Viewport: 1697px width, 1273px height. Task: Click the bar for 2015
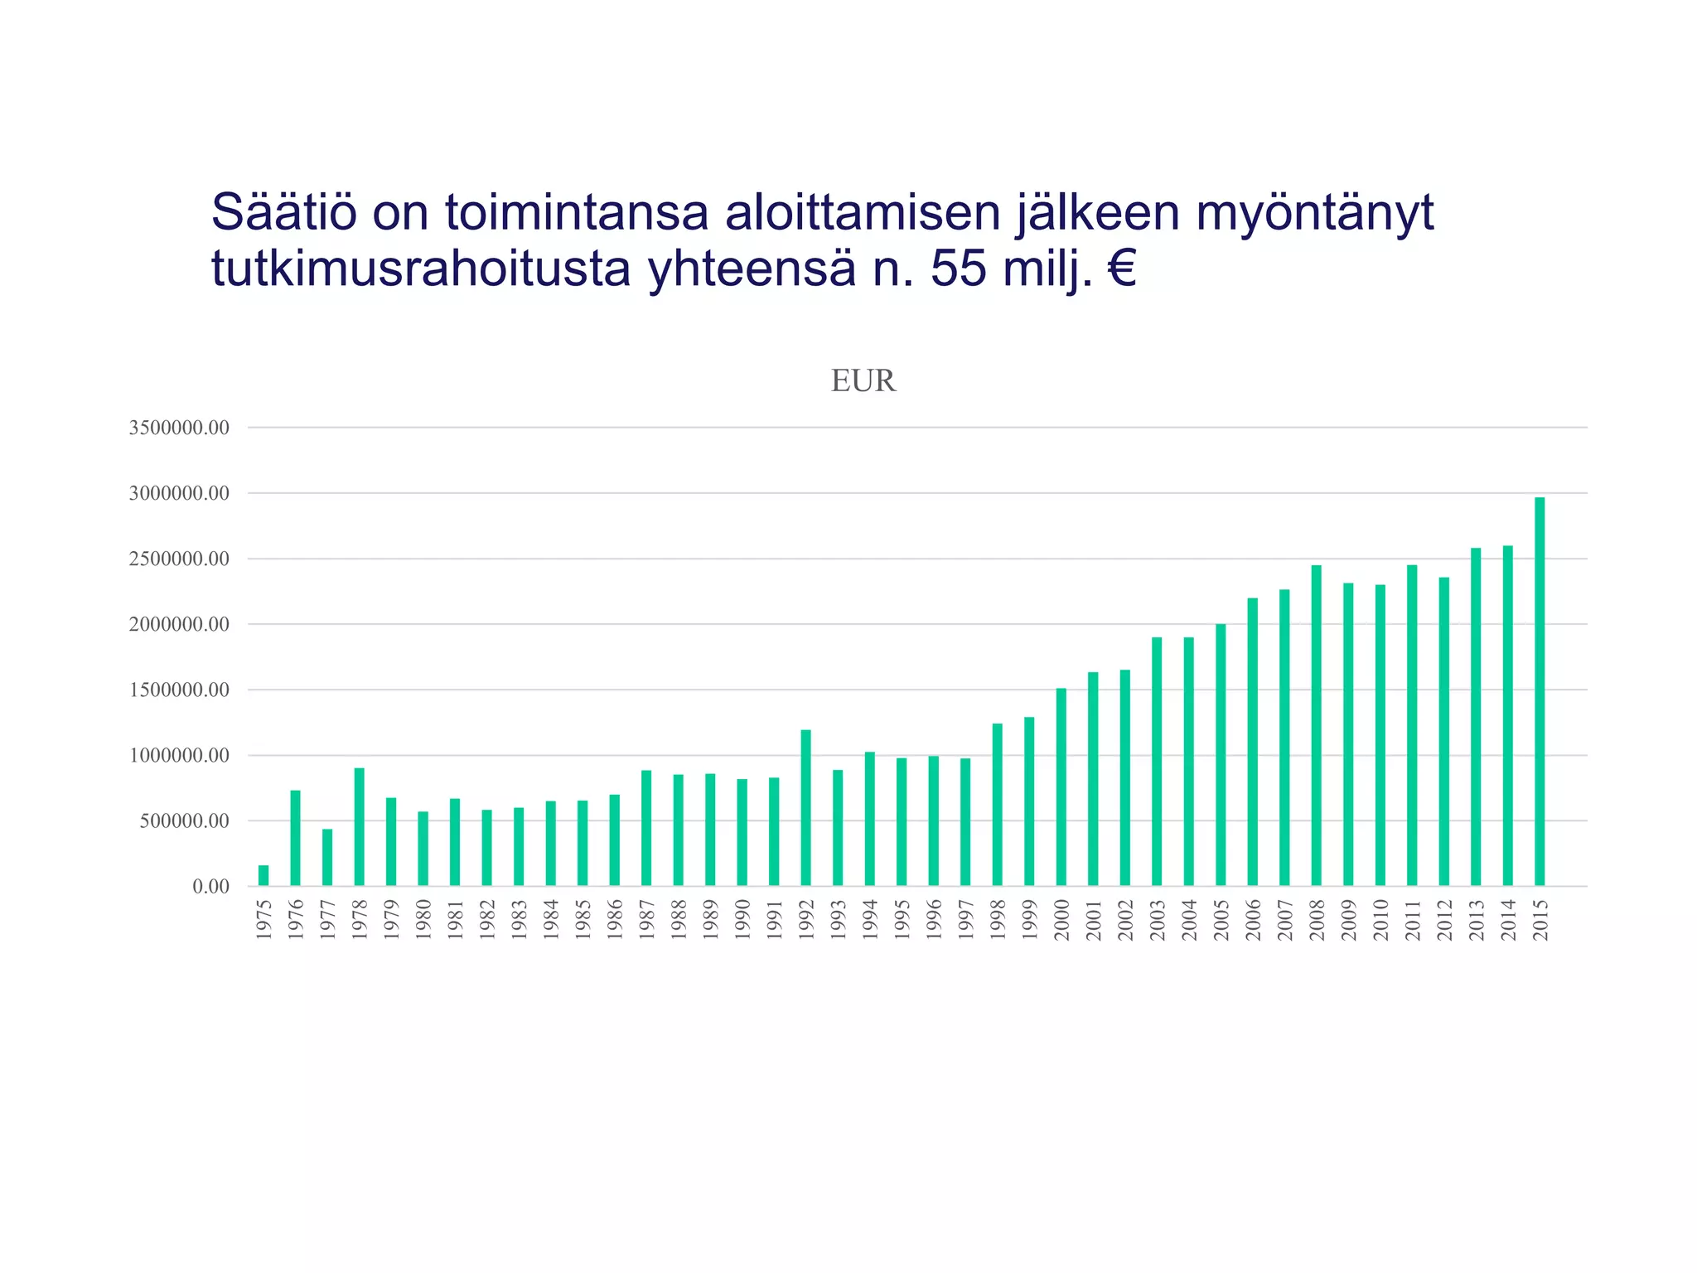(1540, 691)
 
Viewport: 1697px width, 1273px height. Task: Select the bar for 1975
(263, 875)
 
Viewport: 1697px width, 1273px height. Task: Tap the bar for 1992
(806, 808)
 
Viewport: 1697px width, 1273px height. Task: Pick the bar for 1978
(359, 827)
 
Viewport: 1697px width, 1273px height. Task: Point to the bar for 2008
(1316, 725)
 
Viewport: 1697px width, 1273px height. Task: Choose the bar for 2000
(1061, 787)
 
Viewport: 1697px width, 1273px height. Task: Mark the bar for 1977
(327, 857)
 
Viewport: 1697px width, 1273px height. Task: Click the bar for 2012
(1444, 731)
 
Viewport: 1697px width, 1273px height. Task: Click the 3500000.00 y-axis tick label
(179, 428)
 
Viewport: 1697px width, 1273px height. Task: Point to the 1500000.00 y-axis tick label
(179, 690)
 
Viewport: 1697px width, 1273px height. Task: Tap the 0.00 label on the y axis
(210, 887)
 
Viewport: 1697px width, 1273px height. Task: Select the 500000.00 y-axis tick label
(184, 821)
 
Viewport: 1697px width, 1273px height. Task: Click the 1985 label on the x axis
(583, 919)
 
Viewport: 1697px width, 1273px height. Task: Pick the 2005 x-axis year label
(1221, 919)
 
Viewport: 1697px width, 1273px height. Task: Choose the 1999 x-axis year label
(1030, 919)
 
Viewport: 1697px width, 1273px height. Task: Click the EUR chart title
(863, 381)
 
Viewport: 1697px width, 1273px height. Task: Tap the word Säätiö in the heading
(284, 212)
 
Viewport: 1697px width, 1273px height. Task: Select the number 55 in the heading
(958, 269)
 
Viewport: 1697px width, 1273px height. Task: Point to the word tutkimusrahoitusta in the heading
(421, 269)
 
